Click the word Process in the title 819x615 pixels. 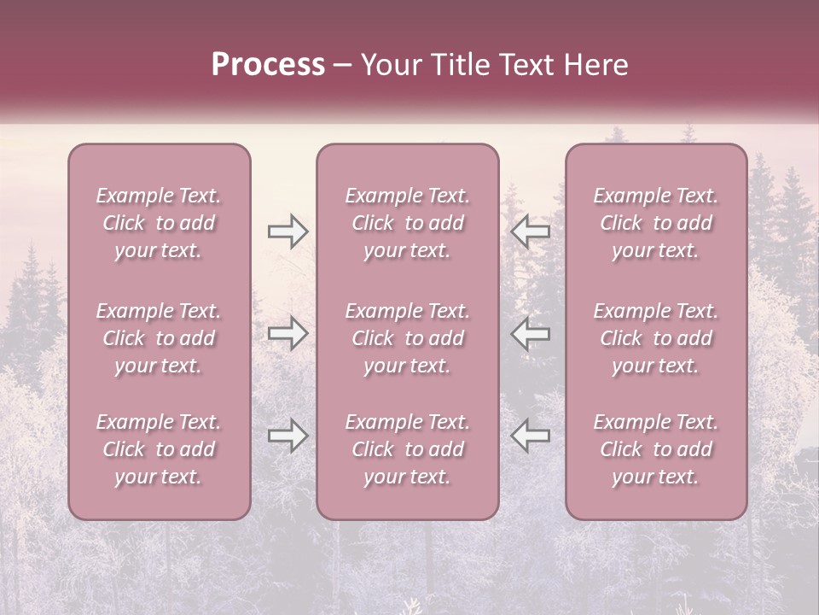coord(268,65)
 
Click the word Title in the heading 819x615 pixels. coord(461,65)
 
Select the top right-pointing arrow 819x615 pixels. coord(288,231)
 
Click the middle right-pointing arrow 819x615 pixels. coord(288,334)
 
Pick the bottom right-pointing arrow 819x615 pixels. coord(288,436)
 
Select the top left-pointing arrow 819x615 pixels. coord(530,231)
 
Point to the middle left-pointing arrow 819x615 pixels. coord(530,334)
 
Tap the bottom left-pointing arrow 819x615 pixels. coord(530,436)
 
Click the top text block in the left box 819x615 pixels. coord(159,223)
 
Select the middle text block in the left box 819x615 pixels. coord(159,338)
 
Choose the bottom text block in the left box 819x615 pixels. coord(159,449)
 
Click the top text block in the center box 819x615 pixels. coord(408,223)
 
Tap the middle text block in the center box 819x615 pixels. coord(408,338)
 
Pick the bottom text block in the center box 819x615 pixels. coord(408,449)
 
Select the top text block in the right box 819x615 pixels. coord(656,223)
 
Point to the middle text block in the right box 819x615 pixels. coord(656,338)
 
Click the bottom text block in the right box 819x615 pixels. coord(656,449)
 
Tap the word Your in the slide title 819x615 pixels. coord(391,65)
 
